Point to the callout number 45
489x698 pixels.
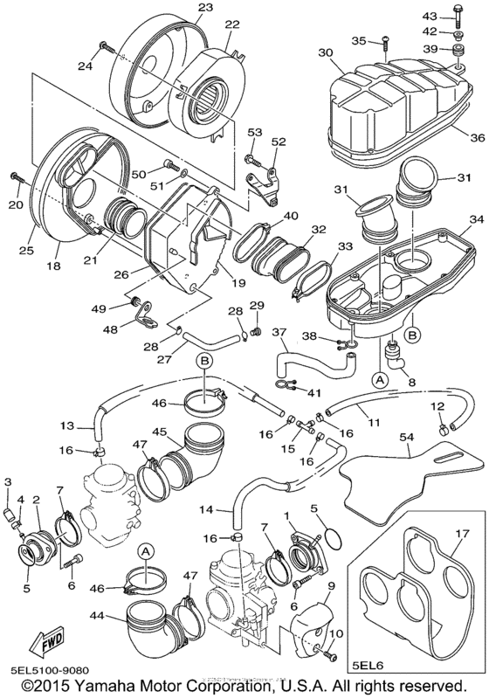coord(162,432)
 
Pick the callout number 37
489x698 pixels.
coord(279,332)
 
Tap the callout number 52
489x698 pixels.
coord(278,142)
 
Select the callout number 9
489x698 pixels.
coord(331,584)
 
